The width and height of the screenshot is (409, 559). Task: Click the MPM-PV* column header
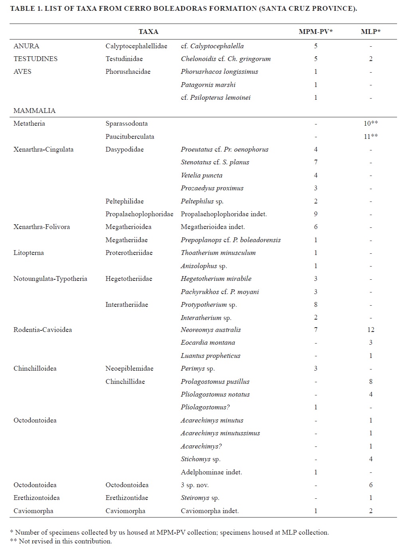pyautogui.click(x=315, y=32)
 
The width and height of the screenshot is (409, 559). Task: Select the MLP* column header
pyautogui.click(x=370, y=32)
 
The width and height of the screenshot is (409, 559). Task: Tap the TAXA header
pyautogui.click(x=148, y=32)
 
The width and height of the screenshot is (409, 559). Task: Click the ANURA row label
pyautogui.click(x=26, y=46)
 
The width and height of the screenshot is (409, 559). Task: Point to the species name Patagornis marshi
pyautogui.click(x=208, y=85)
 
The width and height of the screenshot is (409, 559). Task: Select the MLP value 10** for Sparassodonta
pyautogui.click(x=370, y=123)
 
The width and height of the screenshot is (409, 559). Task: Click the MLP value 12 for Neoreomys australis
pyautogui.click(x=371, y=330)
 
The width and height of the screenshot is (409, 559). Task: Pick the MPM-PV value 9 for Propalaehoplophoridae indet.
pyautogui.click(x=316, y=214)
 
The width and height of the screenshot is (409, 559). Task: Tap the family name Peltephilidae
pyautogui.click(x=124, y=201)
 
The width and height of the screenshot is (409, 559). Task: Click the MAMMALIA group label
pyautogui.click(x=34, y=111)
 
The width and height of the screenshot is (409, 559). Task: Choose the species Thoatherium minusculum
pyautogui.click(x=218, y=253)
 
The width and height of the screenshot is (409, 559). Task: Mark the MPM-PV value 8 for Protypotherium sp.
pyautogui.click(x=316, y=304)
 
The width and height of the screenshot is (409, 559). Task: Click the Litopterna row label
pyautogui.click(x=29, y=253)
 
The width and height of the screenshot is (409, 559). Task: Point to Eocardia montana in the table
pyautogui.click(x=207, y=342)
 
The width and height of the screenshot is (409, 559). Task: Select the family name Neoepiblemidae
pyautogui.click(x=129, y=368)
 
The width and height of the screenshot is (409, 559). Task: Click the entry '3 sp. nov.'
pyautogui.click(x=195, y=485)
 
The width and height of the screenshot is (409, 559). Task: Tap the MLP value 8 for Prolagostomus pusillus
pyautogui.click(x=371, y=381)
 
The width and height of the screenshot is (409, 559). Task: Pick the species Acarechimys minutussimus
pyautogui.click(x=220, y=433)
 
